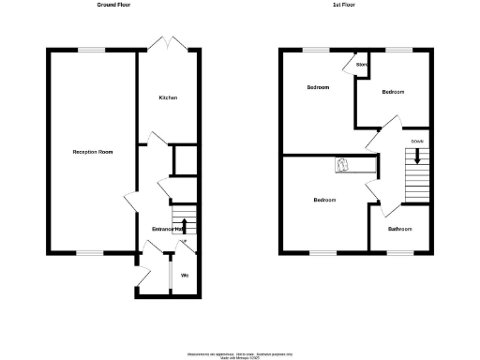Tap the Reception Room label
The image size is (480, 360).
(x=93, y=151)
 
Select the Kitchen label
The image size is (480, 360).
(x=168, y=97)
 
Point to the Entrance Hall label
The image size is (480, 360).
(x=166, y=229)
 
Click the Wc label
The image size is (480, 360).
(x=185, y=275)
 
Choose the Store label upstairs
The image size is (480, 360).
(x=361, y=65)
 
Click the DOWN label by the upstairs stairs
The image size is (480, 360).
(x=417, y=142)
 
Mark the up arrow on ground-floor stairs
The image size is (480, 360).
(x=184, y=226)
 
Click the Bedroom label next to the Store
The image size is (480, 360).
(x=319, y=87)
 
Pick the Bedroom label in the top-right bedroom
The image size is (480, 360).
(x=393, y=92)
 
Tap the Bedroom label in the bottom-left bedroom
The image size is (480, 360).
(x=325, y=200)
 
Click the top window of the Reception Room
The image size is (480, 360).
(x=91, y=50)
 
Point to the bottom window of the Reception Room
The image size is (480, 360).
(x=90, y=251)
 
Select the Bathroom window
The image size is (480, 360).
(x=400, y=251)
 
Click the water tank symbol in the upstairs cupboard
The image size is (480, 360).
(x=344, y=165)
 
